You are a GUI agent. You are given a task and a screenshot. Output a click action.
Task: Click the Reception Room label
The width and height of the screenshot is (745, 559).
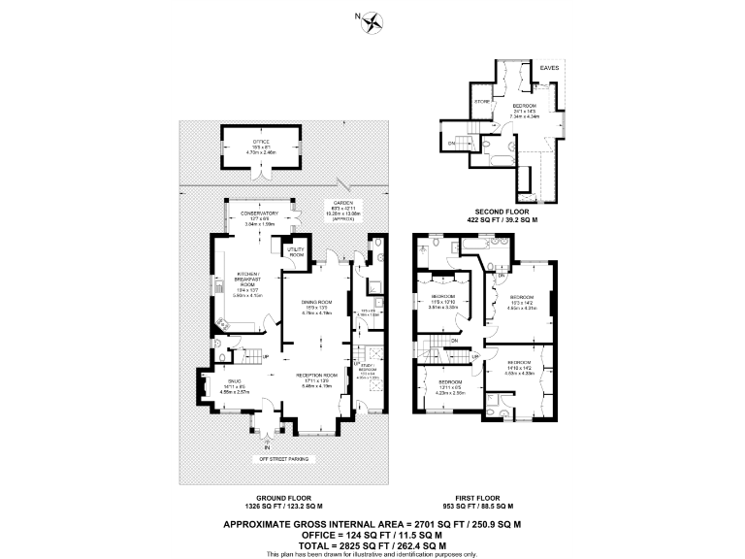316,377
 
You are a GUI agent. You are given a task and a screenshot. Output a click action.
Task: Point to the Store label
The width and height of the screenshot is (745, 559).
481,100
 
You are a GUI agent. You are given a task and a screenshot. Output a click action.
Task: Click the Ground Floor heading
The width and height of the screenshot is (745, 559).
270,499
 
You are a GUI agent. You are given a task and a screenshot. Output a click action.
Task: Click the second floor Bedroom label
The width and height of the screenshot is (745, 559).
525,109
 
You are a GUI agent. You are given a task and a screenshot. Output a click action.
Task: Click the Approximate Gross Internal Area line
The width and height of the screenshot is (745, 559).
372,524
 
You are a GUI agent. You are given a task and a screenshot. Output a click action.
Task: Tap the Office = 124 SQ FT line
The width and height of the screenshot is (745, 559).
372,535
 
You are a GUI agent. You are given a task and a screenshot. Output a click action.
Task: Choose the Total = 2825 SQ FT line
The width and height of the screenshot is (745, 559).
372,545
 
